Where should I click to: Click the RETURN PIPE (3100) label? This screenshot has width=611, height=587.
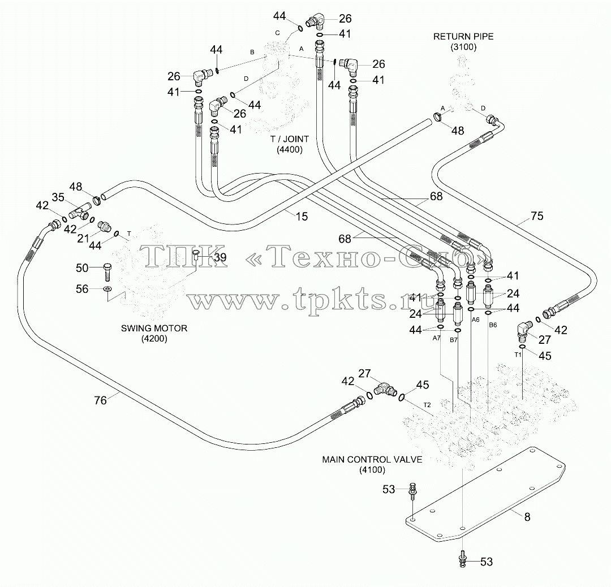463,42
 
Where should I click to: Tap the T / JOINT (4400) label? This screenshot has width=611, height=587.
290,144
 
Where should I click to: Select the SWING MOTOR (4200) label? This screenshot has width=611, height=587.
154,334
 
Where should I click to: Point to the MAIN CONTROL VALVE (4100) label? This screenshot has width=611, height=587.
372,465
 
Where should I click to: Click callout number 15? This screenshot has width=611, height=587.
302,217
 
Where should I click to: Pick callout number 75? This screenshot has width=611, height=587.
537,216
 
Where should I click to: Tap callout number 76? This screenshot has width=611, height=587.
100,400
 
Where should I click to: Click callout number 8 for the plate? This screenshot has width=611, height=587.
527,517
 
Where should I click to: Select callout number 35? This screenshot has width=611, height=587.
58,197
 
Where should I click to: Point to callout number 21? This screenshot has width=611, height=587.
83,238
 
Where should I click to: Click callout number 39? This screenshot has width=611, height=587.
220,257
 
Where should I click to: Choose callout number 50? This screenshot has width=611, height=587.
82,268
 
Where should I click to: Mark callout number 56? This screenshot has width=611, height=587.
82,289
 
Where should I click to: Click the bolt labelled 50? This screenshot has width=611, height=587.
107,272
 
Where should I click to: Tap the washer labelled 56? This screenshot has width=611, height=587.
107,289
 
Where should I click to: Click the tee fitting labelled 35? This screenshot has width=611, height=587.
80,212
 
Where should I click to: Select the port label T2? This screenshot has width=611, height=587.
427,405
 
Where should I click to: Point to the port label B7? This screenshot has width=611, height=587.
454,340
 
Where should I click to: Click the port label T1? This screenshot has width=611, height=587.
518,355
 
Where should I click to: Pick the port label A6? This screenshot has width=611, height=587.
475,320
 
